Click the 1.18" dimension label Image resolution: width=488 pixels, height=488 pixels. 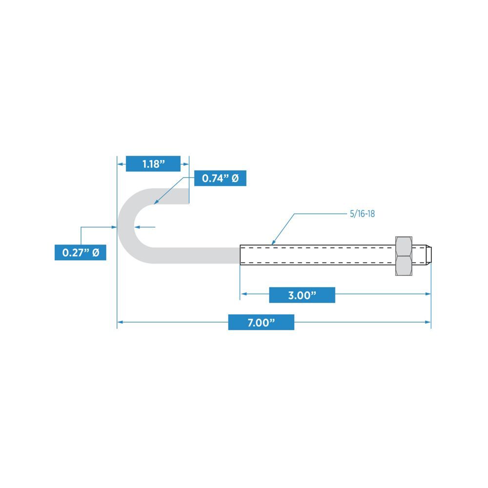click(x=153, y=164)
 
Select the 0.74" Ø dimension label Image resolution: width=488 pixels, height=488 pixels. click(x=220, y=179)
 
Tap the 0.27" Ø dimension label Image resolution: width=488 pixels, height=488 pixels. click(x=81, y=253)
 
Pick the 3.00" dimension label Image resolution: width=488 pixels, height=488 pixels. click(x=302, y=295)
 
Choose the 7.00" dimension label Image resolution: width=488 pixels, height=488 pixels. click(x=261, y=322)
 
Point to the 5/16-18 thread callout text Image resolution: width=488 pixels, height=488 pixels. click(x=362, y=214)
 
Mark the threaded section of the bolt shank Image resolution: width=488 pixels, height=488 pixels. click(x=317, y=254)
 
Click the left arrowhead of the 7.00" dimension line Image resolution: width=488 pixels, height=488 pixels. click(x=120, y=322)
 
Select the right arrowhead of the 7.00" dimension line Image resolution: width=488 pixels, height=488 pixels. click(x=428, y=322)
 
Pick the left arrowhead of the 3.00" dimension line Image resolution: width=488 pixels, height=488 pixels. click(x=243, y=294)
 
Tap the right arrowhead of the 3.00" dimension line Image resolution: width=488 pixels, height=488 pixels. click(x=428, y=294)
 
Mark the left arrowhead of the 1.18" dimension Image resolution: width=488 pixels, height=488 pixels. click(x=120, y=164)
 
